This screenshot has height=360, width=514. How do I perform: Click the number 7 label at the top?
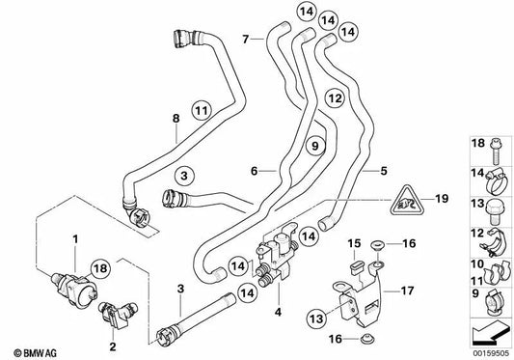point(246,39)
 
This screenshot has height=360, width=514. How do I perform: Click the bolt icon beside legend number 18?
point(493,147)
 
